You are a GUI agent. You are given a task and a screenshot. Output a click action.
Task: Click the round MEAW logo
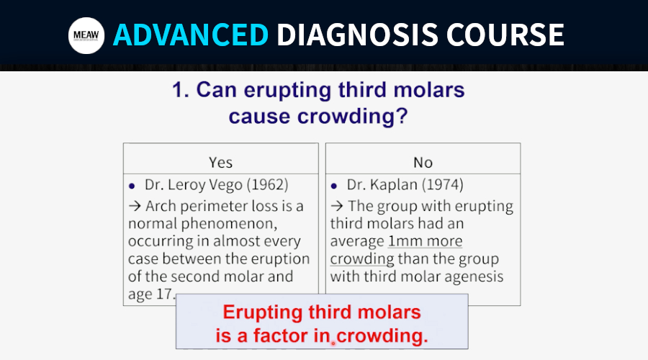click(86, 35)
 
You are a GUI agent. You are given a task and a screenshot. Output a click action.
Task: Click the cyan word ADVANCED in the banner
click(191, 35)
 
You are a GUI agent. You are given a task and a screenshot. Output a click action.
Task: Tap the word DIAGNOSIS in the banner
click(357, 35)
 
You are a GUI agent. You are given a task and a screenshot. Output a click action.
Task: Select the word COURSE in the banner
click(505, 35)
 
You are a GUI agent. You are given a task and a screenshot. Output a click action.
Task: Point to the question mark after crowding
click(402, 116)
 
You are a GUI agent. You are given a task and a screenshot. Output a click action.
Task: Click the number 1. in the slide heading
click(180, 90)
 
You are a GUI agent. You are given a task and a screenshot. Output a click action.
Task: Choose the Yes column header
click(221, 163)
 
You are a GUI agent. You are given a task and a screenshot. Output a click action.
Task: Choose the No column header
click(423, 163)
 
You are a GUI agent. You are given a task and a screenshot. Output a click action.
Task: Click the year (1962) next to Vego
click(267, 184)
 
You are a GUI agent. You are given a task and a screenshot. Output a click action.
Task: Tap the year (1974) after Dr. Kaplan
click(442, 184)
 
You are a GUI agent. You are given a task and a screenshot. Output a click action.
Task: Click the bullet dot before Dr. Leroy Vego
click(132, 186)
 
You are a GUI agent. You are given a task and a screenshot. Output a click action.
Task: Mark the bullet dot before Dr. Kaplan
click(334, 186)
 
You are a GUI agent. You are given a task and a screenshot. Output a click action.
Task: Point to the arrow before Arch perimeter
click(135, 205)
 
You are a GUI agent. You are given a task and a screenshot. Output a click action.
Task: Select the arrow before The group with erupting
click(337, 205)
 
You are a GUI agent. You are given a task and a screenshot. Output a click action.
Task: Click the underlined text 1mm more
click(426, 241)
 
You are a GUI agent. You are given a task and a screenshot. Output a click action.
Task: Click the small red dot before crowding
click(333, 343)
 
